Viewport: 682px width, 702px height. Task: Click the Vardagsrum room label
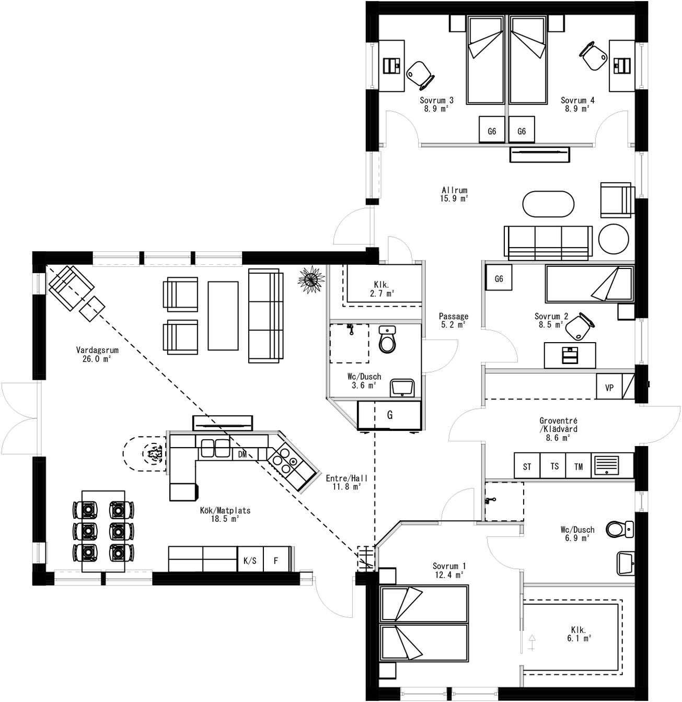(97, 354)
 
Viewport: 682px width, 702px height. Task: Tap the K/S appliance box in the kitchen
(250, 560)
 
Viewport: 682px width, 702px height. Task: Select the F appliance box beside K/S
(276, 560)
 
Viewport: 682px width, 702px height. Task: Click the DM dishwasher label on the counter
(242, 454)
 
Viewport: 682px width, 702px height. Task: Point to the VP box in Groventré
(609, 387)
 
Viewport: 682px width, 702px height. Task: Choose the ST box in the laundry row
(527, 466)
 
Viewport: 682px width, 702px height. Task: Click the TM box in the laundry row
(578, 466)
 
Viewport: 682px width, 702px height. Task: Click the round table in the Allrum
(613, 239)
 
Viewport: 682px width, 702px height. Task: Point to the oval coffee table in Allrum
(548, 204)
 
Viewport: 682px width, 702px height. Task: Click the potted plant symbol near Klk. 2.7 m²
(311, 280)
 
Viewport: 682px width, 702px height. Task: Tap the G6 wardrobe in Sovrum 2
(499, 279)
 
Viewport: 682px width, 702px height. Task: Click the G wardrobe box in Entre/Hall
(389, 415)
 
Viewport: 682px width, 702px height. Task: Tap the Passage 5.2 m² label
(453, 320)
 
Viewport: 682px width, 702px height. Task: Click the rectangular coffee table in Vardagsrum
(223, 315)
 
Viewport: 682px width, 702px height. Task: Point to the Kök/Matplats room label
(225, 514)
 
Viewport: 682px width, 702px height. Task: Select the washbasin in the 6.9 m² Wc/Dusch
(626, 563)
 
